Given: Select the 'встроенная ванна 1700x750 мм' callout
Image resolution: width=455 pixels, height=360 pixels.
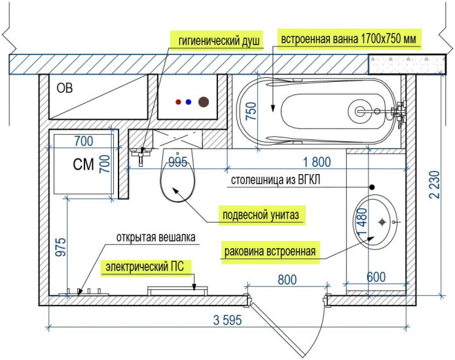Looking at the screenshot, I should point(350,39).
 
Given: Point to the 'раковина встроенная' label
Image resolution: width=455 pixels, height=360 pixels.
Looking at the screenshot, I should point(270,251).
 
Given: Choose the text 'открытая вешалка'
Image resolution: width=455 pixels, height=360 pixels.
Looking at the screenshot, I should point(156,237).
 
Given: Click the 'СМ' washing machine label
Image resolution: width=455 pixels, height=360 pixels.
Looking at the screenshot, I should point(84,165).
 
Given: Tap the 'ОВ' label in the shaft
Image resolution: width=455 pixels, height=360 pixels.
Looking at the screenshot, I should point(64,88).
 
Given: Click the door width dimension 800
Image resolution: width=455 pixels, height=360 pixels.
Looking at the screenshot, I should point(287,279).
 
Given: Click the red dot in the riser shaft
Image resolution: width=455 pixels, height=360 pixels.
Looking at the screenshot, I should point(178,102).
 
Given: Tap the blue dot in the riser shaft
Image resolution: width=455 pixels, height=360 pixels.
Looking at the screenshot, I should point(189,102).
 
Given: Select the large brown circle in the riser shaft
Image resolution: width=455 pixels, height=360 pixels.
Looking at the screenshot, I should point(204,102).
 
